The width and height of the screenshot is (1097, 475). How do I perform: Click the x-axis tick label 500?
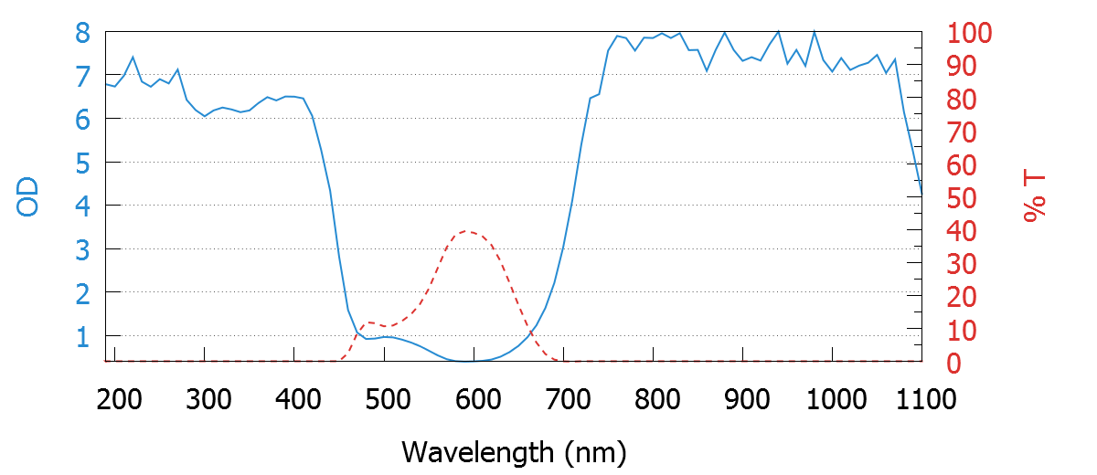(385, 399)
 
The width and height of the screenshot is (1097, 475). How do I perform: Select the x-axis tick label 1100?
(921, 399)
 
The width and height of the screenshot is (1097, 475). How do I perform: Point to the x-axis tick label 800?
(654, 399)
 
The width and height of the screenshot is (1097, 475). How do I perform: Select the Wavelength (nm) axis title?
(513, 451)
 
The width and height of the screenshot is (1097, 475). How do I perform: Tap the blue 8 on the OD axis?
(83, 33)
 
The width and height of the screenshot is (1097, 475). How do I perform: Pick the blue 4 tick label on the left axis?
(83, 206)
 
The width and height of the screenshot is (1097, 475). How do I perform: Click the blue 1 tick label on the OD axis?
(83, 337)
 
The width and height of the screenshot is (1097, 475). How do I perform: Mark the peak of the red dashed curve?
(466, 231)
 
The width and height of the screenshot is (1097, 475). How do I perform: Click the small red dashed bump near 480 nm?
(369, 322)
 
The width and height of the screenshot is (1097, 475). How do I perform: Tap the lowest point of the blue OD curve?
(466, 362)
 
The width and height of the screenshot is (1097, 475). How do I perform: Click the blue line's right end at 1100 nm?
(921, 194)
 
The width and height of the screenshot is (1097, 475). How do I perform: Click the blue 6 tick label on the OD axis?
(83, 120)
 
